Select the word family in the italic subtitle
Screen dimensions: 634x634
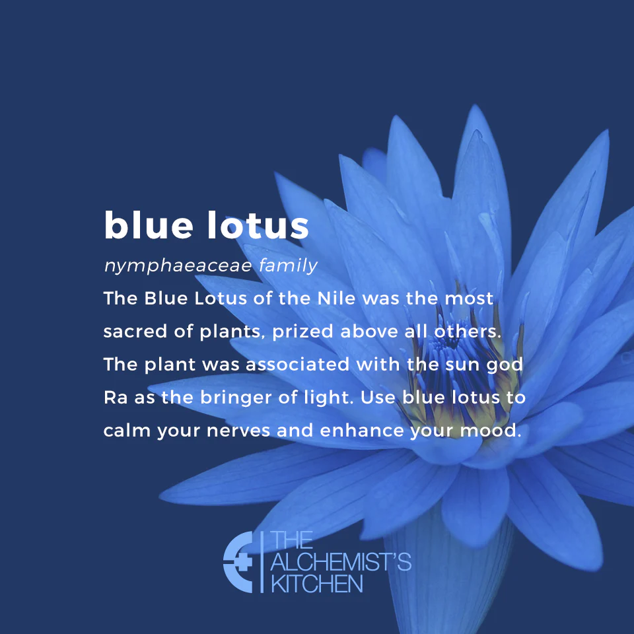coord(289,266)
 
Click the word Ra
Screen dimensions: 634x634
coord(114,398)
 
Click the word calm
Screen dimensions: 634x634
coord(127,431)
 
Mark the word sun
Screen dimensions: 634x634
coord(466,365)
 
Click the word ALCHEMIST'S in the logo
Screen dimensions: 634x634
coord(341,563)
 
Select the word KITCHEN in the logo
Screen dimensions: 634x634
coord(316,584)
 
